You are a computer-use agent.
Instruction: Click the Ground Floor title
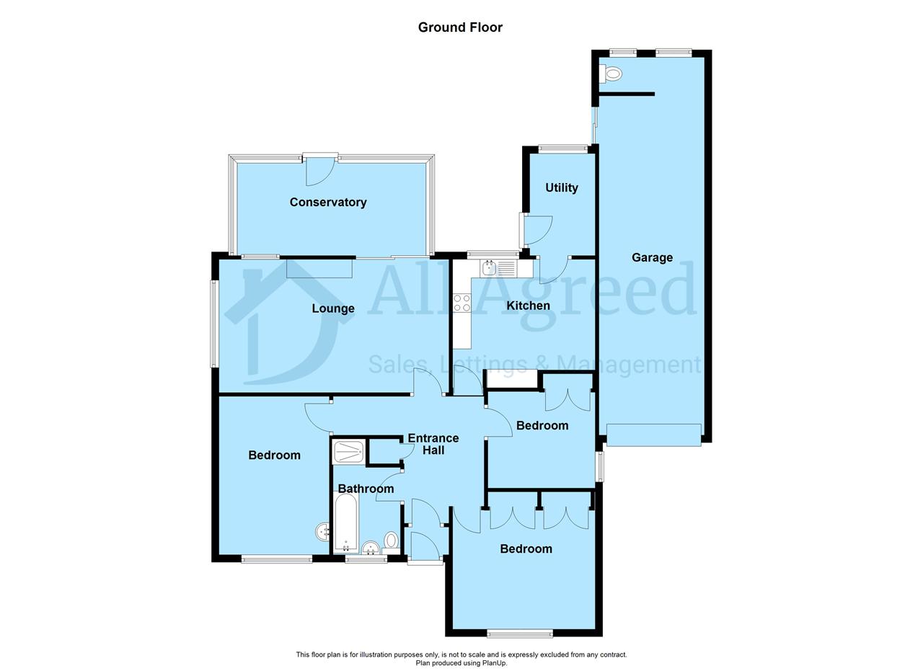pyautogui.click(x=460, y=27)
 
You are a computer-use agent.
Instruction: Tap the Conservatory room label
pyautogui.click(x=328, y=203)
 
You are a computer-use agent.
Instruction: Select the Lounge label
pyautogui.click(x=333, y=308)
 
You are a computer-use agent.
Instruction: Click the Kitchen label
pyautogui.click(x=528, y=306)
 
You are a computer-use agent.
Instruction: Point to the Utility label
pyautogui.click(x=561, y=188)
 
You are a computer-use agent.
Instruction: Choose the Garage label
pyautogui.click(x=652, y=257)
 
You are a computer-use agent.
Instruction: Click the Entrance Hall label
pyautogui.click(x=433, y=444)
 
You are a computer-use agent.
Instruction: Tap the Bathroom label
pyautogui.click(x=366, y=489)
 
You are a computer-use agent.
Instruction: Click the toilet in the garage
pyautogui.click(x=611, y=74)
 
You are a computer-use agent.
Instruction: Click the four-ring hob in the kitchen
pyautogui.click(x=461, y=303)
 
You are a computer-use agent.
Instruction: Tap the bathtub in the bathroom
pyautogui.click(x=346, y=523)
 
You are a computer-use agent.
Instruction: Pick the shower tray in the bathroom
pyautogui.click(x=348, y=453)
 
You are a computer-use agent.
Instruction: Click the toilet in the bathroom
pyautogui.click(x=391, y=541)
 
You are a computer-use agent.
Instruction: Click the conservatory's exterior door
pyautogui.click(x=321, y=169)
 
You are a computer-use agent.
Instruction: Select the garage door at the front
pyautogui.click(x=653, y=435)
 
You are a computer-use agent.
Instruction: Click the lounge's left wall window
pyautogui.click(x=214, y=324)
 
